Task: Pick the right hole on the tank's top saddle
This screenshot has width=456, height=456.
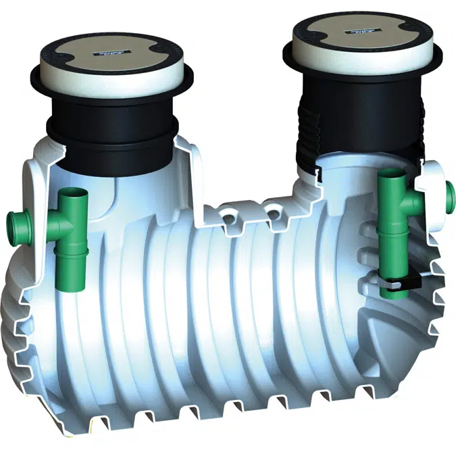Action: (273, 213)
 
